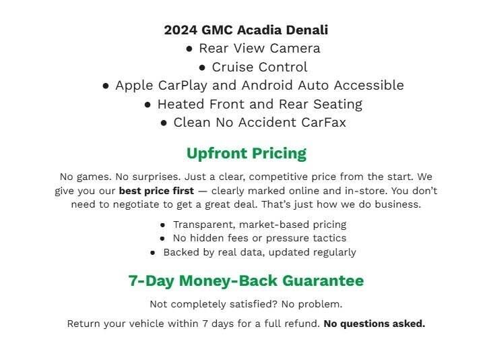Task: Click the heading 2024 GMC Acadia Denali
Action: pyautogui.click(x=246, y=30)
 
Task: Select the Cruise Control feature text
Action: pyautogui.click(x=259, y=67)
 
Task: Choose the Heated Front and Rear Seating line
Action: pyautogui.click(x=259, y=104)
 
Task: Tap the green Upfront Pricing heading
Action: pyautogui.click(x=246, y=154)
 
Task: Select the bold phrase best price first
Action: pyautogui.click(x=156, y=191)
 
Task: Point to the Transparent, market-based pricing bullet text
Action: pyautogui.click(x=259, y=224)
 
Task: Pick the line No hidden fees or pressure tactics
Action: pyautogui.click(x=259, y=238)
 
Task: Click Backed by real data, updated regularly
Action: pyautogui.click(x=259, y=252)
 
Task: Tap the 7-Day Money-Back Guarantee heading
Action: pyautogui.click(x=246, y=280)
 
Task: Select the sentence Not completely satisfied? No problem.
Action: pyautogui.click(x=246, y=304)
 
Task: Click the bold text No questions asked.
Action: pyautogui.click(x=374, y=324)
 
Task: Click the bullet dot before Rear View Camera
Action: pyautogui.click(x=189, y=49)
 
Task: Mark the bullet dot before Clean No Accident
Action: pyautogui.click(x=164, y=123)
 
